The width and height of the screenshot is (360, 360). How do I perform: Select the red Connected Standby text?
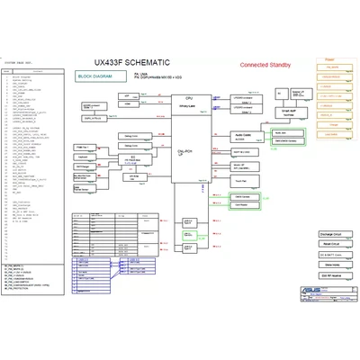270,66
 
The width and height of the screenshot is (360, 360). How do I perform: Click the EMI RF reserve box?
325,266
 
